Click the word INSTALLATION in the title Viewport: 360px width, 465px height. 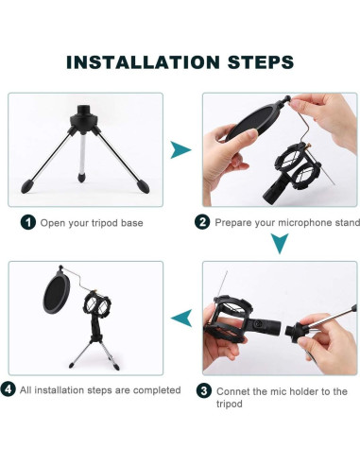point(143,62)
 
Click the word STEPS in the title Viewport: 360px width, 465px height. point(261,62)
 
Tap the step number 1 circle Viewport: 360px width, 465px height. point(28,222)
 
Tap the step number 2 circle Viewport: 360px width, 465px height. point(202,222)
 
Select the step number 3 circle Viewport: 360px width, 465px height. point(204,391)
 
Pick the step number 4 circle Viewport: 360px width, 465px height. point(8,389)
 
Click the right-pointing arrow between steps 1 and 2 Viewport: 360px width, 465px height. point(180,149)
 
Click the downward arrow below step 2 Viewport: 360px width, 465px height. point(280,244)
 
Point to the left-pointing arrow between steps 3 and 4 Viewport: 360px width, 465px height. point(181,318)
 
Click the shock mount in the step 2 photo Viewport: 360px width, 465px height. point(295,168)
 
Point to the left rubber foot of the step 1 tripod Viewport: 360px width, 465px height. point(27,186)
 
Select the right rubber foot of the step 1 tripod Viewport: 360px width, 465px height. point(143,186)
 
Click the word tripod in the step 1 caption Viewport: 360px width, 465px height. point(105,223)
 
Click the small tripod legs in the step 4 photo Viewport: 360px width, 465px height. point(94,354)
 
